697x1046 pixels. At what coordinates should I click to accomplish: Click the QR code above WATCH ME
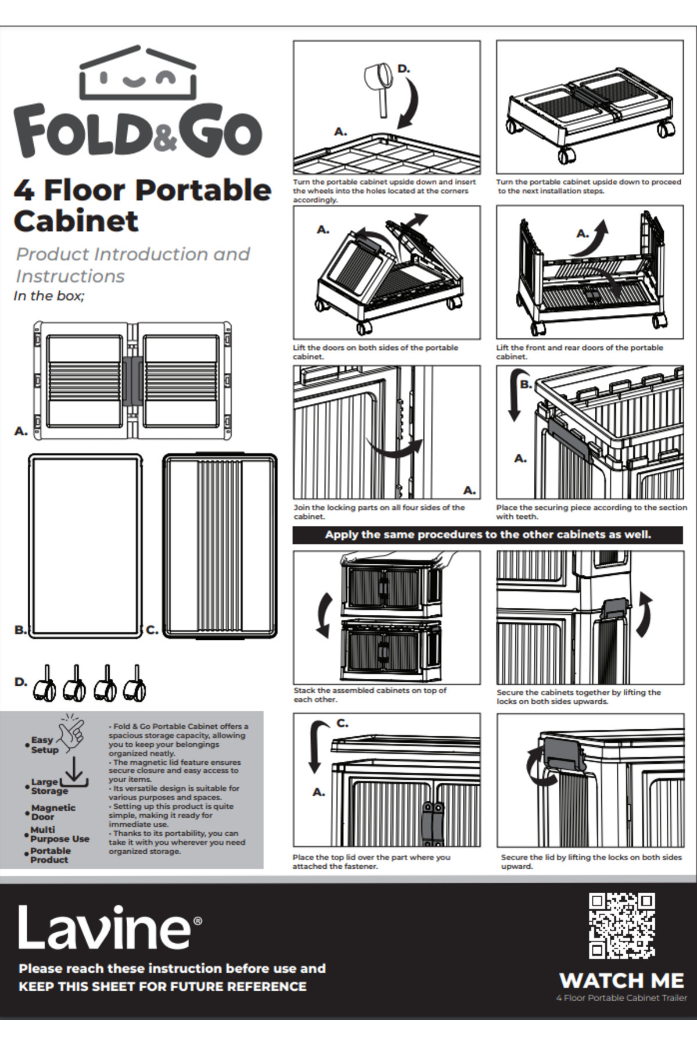click(x=621, y=926)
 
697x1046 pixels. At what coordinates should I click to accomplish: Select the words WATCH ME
click(x=621, y=980)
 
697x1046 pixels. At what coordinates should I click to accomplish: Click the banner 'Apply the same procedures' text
click(x=487, y=535)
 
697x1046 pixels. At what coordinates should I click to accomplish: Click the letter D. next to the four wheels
click(x=20, y=682)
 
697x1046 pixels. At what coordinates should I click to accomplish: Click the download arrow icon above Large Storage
click(x=74, y=772)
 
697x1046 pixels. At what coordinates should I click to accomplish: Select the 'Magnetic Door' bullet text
click(x=53, y=812)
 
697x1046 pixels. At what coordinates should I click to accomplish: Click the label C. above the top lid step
click(x=342, y=723)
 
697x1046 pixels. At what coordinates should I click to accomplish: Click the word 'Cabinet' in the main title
click(x=76, y=221)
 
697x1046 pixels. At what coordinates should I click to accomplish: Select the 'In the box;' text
click(x=49, y=296)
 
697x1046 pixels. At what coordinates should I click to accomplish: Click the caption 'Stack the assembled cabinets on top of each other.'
click(x=370, y=695)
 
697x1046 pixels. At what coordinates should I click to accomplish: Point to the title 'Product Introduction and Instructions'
click(x=132, y=265)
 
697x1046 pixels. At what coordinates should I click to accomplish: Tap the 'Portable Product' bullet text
click(x=51, y=855)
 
